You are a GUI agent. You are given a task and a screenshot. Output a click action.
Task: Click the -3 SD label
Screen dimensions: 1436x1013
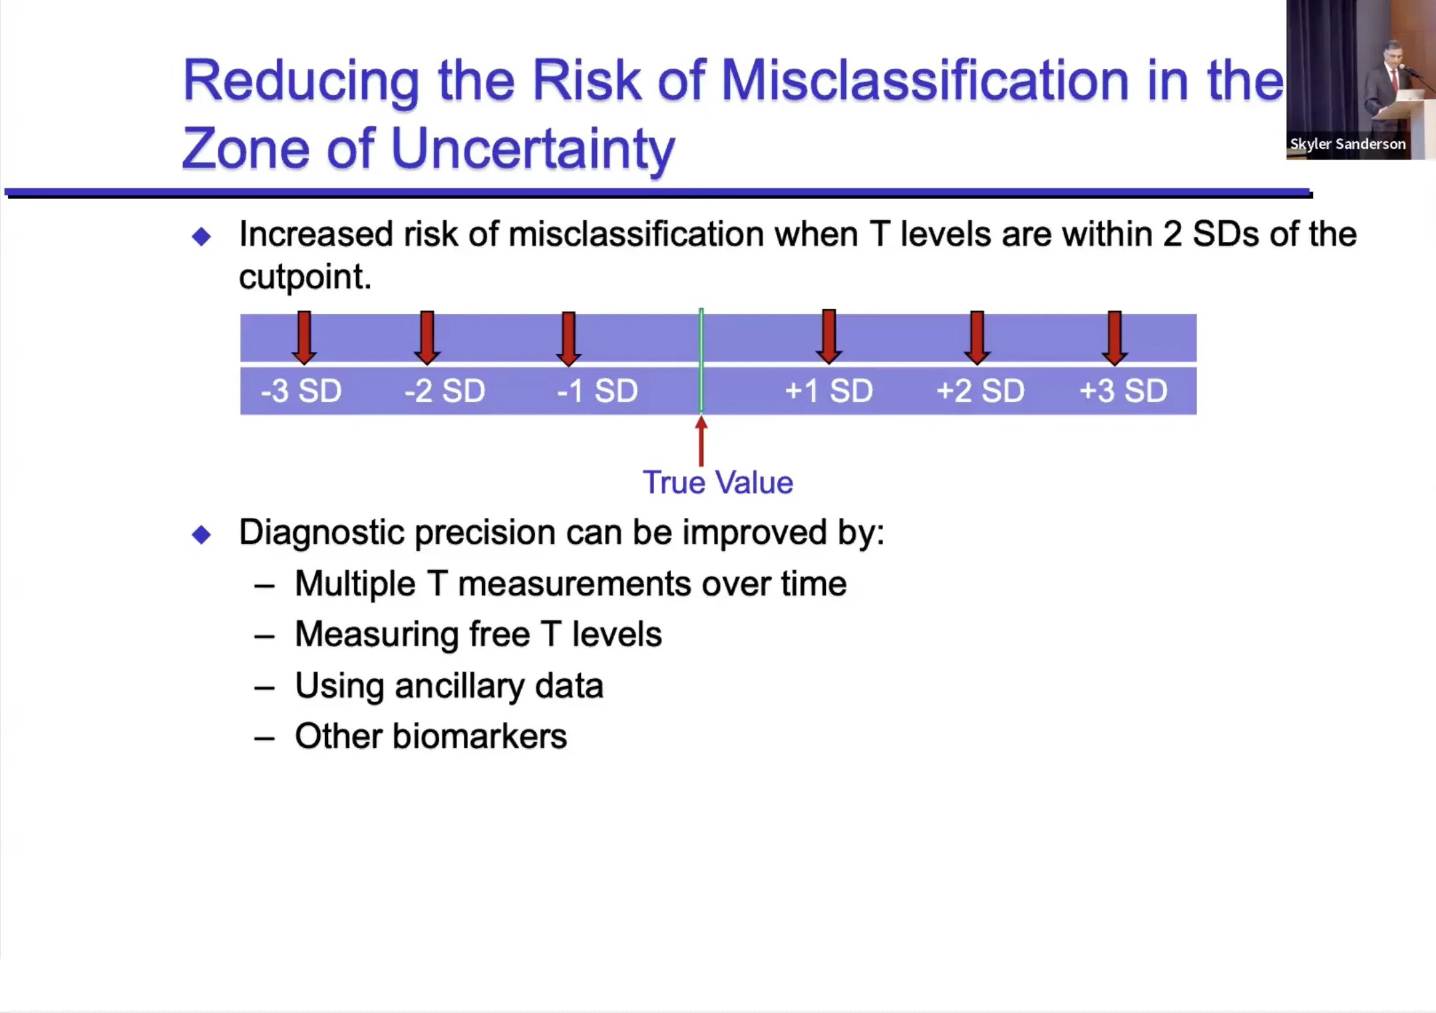(x=301, y=391)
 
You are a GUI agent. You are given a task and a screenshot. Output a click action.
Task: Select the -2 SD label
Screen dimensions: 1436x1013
(x=445, y=391)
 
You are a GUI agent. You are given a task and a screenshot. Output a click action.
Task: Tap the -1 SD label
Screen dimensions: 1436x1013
(x=598, y=391)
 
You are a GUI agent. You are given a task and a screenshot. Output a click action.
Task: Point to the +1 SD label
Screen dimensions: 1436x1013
(x=828, y=391)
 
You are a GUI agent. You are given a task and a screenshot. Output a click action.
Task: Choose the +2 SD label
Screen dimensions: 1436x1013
(x=980, y=391)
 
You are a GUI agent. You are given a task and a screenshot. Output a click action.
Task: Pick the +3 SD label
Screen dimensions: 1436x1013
(x=1123, y=391)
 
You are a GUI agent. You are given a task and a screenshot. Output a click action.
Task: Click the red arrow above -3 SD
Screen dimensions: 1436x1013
(x=304, y=337)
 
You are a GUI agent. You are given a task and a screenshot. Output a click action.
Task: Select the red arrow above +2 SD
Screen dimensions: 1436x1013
(x=977, y=337)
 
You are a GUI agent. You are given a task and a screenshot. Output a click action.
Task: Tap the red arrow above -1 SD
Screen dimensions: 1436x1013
(x=568, y=338)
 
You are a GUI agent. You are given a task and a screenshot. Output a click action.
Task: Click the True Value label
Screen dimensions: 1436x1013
(x=718, y=483)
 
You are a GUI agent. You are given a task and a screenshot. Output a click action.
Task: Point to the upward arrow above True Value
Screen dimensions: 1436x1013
(x=701, y=441)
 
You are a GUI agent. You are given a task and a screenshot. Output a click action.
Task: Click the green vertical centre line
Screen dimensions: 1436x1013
(x=701, y=360)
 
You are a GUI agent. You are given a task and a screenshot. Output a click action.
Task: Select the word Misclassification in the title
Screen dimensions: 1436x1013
(x=925, y=81)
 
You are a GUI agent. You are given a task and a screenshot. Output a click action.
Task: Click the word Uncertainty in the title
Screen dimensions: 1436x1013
(x=533, y=150)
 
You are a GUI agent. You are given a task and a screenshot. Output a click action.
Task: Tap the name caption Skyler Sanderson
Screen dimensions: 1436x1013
(x=1347, y=144)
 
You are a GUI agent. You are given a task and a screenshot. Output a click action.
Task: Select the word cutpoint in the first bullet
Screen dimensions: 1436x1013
(x=305, y=278)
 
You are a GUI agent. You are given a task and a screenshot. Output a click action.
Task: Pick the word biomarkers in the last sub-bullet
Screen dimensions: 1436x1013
(x=480, y=736)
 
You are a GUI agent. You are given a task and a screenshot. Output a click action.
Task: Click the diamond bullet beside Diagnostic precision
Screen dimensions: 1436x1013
(x=201, y=534)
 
